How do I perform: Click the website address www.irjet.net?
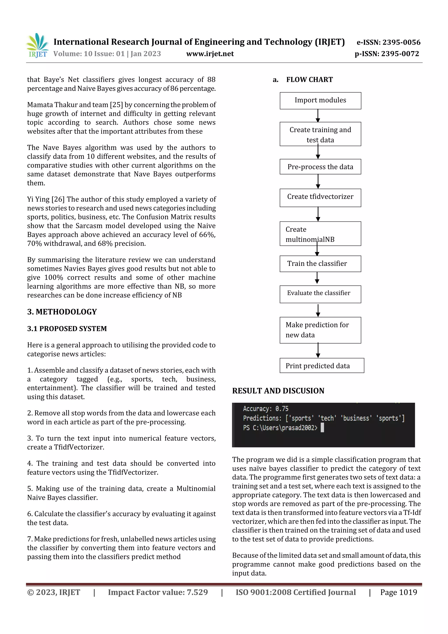coord(210,54)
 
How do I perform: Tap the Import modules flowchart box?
coord(320,100)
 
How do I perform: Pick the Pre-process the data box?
coord(320,167)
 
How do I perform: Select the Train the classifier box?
coord(320,264)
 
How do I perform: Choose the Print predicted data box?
coord(322,366)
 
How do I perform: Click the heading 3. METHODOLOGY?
coord(62,312)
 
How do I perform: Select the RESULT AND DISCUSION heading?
coord(278,391)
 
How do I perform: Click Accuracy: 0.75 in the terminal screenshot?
coord(266,409)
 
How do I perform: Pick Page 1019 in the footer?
coord(398,592)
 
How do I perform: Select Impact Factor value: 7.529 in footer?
coord(158,592)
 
